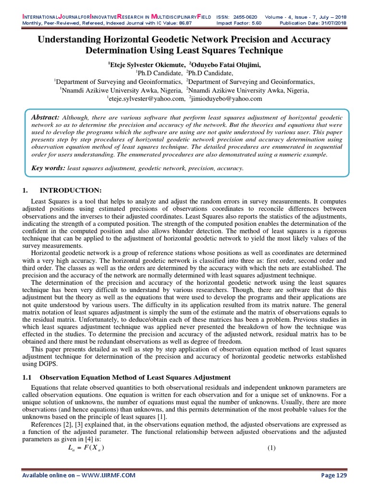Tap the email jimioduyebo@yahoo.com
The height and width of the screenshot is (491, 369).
click(228, 98)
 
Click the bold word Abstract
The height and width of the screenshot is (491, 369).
click(44, 118)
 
